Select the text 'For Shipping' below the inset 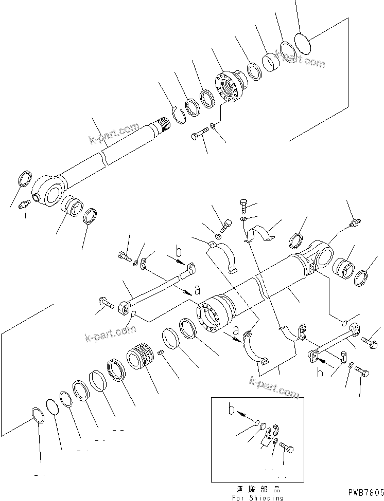point(257,497)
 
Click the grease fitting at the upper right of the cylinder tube point(354,224)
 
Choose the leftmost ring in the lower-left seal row point(38,415)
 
